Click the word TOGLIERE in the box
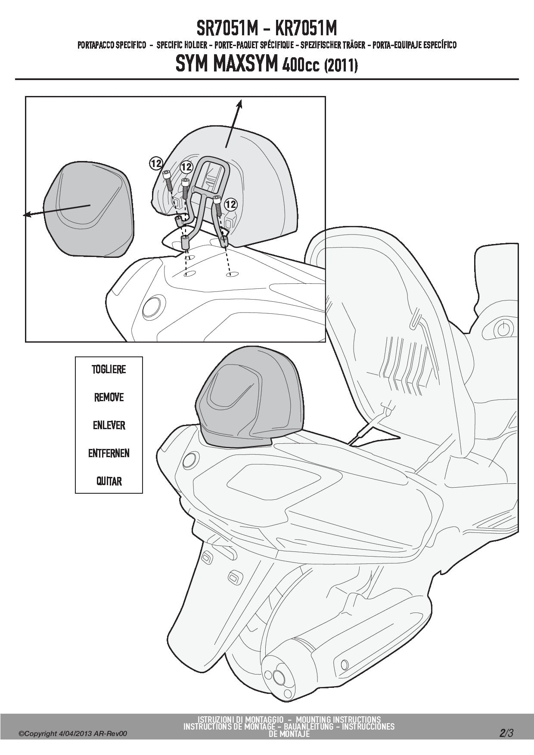[109, 369]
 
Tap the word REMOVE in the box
[109, 397]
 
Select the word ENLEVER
[109, 425]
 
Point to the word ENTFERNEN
[109, 453]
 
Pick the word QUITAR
[109, 481]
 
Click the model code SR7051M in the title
[227, 29]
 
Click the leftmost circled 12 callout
[156, 163]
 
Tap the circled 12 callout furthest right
[231, 203]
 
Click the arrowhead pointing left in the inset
[27, 214]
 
